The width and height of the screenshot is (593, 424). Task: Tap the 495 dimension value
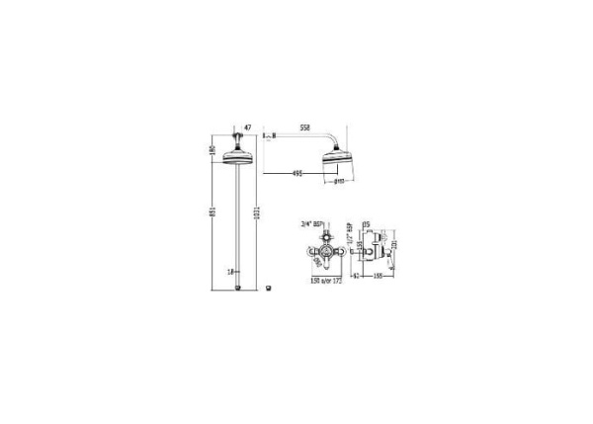pos(296,175)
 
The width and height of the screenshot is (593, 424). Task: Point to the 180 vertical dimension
pos(212,150)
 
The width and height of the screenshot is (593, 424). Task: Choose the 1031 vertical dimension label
pos(258,218)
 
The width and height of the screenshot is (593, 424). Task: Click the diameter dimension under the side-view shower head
pos(339,182)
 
